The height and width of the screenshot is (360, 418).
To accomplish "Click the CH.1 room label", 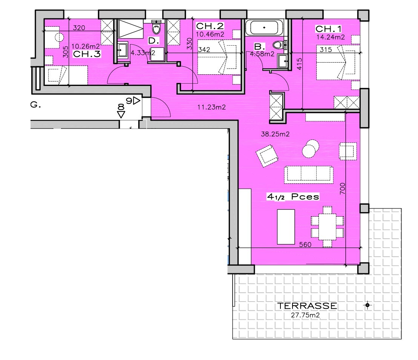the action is pos(328,29).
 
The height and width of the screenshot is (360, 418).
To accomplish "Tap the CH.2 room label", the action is pos(210,26).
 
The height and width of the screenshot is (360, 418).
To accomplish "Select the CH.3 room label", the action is pos(87,54).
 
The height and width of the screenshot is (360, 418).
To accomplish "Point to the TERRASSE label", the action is pos(307,306).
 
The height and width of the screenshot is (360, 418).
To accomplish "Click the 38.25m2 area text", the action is pos(275,134).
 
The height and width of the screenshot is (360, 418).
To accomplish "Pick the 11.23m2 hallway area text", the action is pos(211,107).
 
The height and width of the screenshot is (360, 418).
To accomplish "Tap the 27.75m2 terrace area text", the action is pos(305,315).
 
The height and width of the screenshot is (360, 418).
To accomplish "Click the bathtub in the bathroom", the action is pos(264,27).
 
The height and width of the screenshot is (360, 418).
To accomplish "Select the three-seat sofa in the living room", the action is pos(309,175).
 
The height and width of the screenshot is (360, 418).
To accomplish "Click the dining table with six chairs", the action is pos(328,226).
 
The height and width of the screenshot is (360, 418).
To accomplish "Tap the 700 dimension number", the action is pos(342,188).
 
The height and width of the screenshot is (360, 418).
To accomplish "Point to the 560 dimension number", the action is pos(305,245).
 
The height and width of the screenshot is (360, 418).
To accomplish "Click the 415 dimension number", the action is pos(299,64).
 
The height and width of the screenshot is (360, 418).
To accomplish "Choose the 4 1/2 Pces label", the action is pos(293,197).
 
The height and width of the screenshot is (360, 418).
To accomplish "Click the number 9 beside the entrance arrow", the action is pos(129,101).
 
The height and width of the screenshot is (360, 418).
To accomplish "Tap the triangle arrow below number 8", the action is pos(121,115).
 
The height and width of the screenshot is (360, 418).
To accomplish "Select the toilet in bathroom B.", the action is pos(279,45).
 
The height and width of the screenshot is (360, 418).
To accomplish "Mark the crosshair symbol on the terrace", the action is pos(367,305).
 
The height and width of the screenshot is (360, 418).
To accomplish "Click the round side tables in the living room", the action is pos(310,149).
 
